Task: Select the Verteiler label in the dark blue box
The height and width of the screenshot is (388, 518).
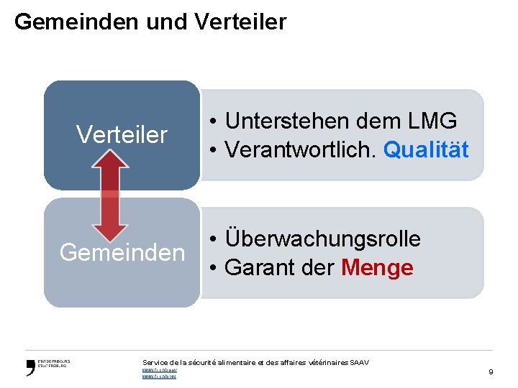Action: coord(122,134)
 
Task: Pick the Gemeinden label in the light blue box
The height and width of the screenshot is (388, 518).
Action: coord(122,252)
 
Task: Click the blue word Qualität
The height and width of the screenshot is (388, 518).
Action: coord(426,149)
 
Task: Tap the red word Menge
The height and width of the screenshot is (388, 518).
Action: coord(377,267)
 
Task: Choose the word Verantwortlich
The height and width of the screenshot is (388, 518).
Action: coord(301,149)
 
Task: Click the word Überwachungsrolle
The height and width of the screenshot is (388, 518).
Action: coord(323,239)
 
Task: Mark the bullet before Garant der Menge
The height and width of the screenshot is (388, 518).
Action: coord(214,268)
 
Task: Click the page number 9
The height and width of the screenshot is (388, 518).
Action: coord(491,371)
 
